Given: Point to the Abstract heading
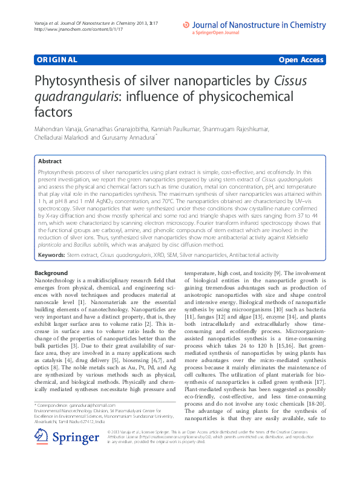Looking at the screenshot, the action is click(50, 161).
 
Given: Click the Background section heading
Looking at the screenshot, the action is click(51, 274).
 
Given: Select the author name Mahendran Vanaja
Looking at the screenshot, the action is click(59, 129).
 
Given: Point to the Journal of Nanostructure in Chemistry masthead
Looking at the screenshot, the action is click(263, 25).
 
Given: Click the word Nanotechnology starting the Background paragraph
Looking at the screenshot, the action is click(55, 282).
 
